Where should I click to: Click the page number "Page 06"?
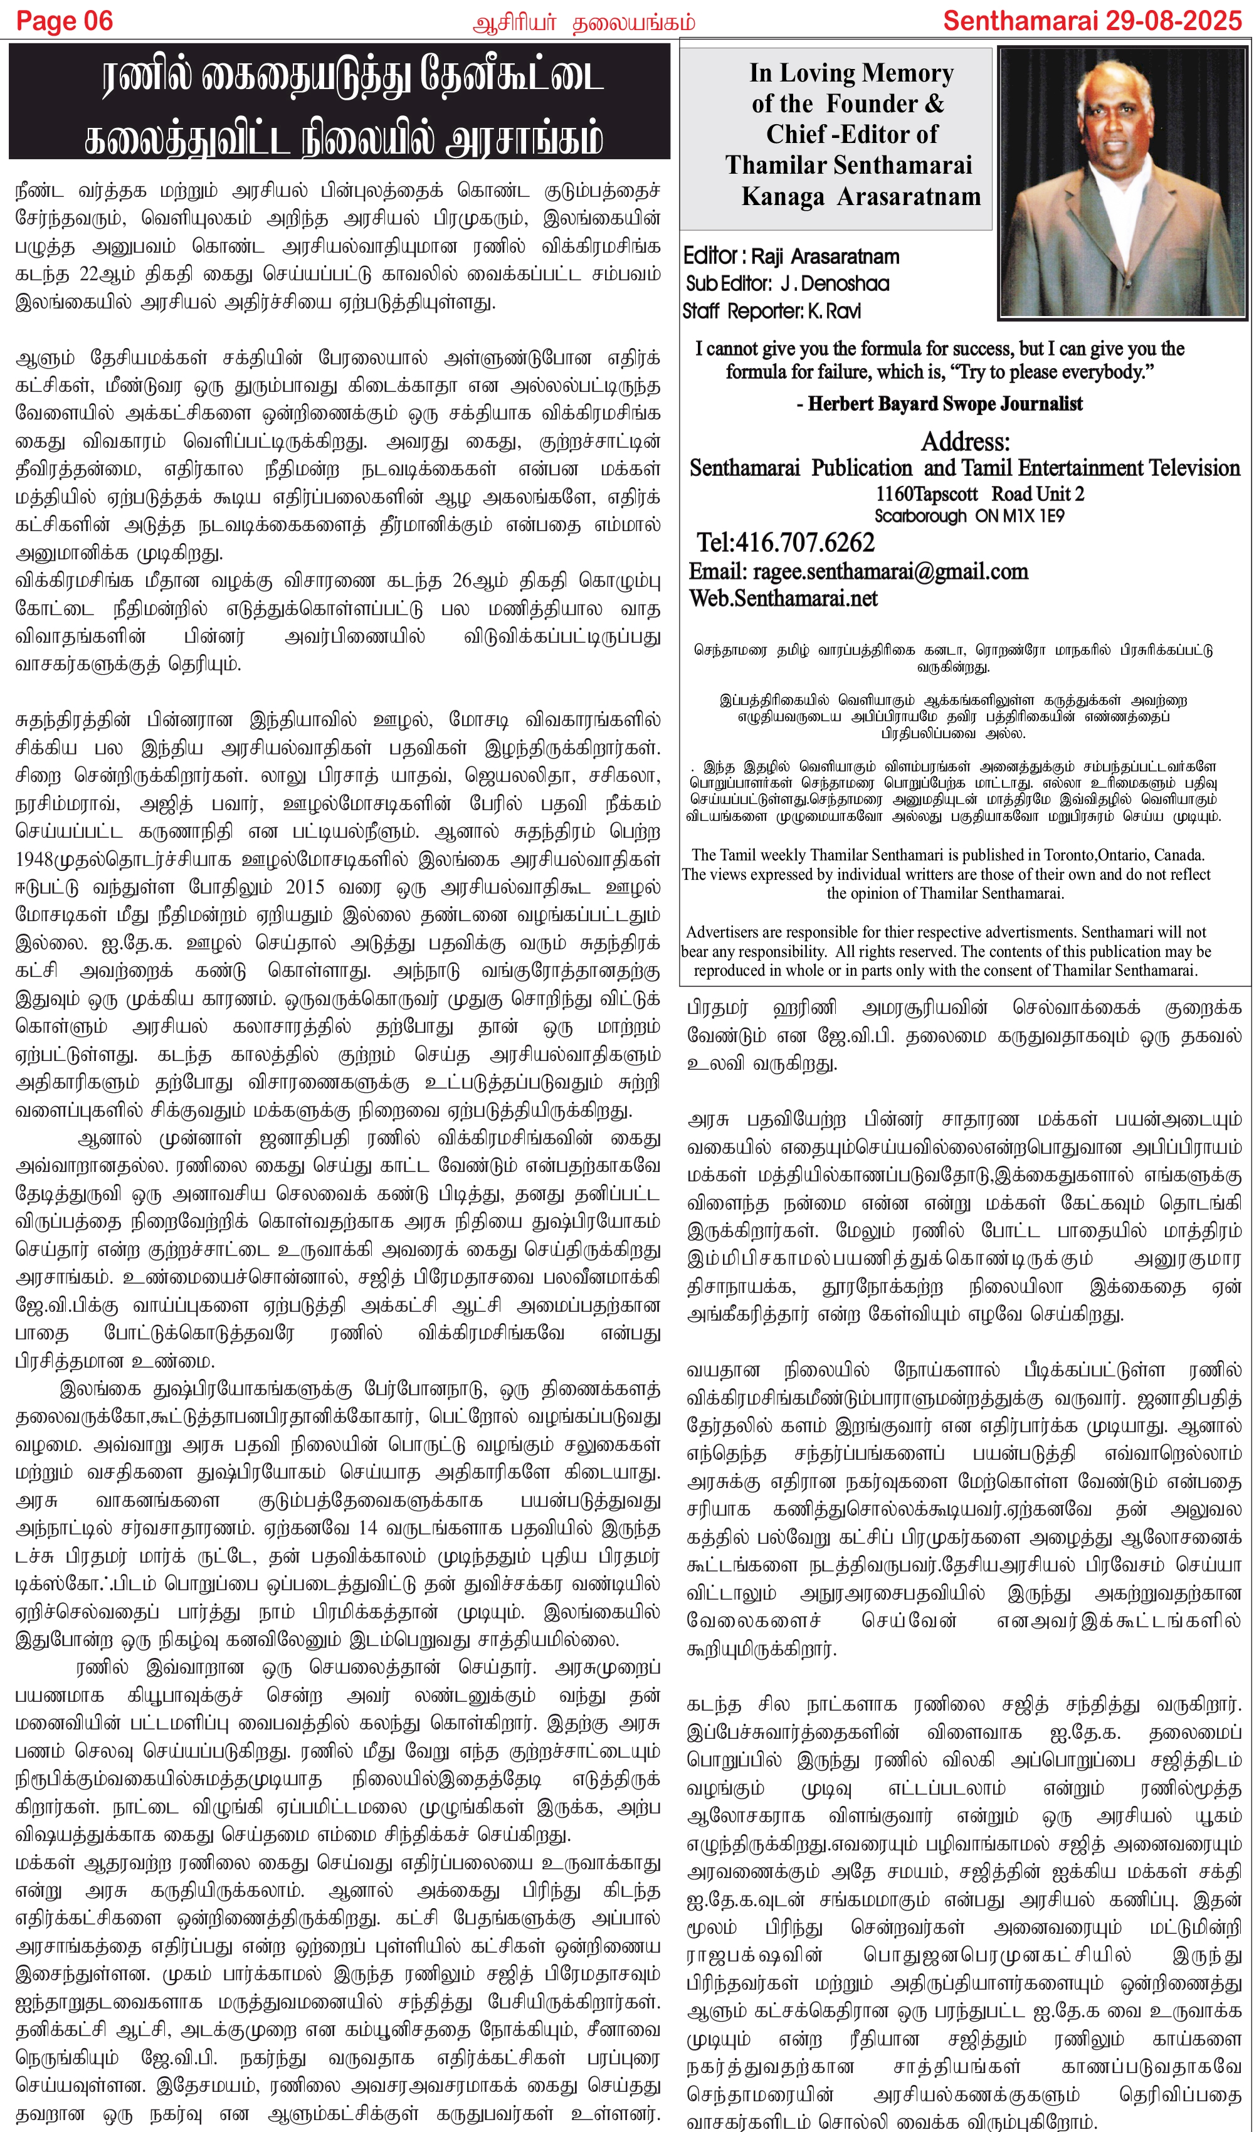click(65, 21)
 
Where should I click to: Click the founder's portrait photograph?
click(1122, 182)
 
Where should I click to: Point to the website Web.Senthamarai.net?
click(782, 599)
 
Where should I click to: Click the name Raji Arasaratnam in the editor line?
click(825, 256)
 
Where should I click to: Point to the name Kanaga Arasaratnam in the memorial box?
click(860, 196)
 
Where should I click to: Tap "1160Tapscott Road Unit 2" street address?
click(979, 494)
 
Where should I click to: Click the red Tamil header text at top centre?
click(584, 23)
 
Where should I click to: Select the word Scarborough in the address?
click(920, 516)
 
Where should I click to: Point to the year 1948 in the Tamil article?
click(34, 860)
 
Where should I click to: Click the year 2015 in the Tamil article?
click(305, 887)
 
